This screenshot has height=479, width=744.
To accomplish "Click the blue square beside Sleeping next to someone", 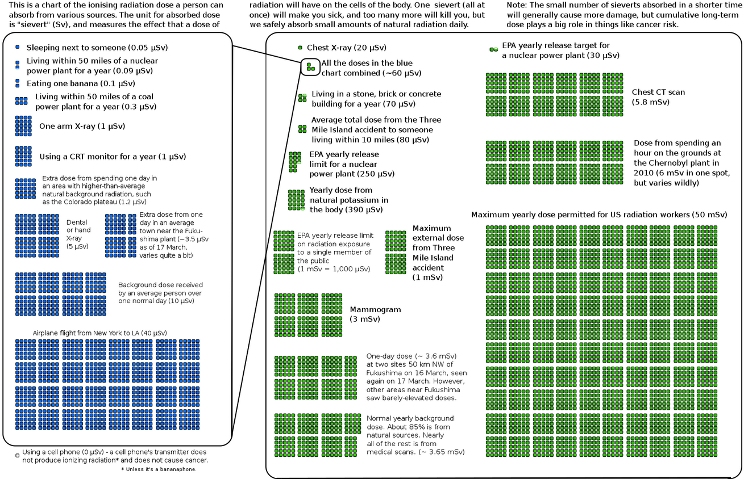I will (x=18, y=47).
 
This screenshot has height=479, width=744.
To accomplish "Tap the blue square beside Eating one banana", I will (x=18, y=83).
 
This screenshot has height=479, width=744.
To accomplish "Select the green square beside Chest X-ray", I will (x=300, y=48).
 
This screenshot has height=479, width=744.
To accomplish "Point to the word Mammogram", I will (x=375, y=309).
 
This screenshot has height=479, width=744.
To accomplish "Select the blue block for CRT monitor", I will (x=23, y=156).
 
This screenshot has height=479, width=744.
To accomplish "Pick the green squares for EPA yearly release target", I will (x=493, y=50).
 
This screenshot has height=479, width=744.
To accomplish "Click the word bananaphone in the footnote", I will (x=172, y=469).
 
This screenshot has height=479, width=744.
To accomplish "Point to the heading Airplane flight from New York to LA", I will (x=99, y=333).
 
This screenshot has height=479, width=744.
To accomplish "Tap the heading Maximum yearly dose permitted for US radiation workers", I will (x=599, y=215).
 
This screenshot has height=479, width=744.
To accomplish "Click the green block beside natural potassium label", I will (x=296, y=200).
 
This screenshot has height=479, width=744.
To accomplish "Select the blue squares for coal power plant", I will (x=21, y=101).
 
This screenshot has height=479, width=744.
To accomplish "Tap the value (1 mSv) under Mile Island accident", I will (x=427, y=277).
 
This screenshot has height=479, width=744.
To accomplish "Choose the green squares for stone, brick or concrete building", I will (x=302, y=98).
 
